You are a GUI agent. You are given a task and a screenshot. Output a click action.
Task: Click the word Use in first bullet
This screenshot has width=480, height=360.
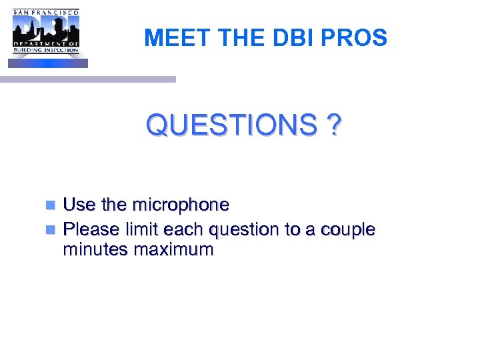pyautogui.click(x=79, y=205)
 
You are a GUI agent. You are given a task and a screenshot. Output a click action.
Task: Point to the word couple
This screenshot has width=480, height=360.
pyautogui.click(x=347, y=230)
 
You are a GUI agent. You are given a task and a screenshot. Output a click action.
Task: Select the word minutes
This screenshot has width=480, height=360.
pyautogui.click(x=95, y=250)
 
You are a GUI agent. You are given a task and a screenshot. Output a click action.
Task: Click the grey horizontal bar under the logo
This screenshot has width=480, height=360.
pyautogui.click(x=87, y=79)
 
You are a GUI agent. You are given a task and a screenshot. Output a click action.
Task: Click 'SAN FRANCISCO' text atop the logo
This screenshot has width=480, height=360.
pyautogui.click(x=46, y=12)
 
